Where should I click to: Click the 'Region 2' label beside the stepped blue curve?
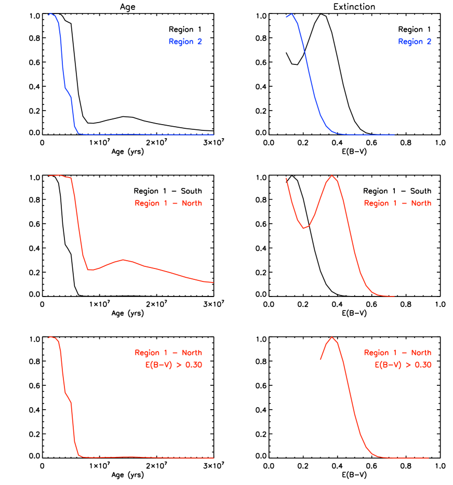[x=185, y=42]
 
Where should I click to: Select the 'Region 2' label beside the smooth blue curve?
[x=415, y=42]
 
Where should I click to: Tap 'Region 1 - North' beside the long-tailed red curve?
[x=168, y=203]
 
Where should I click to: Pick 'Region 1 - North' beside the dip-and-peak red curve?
[x=397, y=203]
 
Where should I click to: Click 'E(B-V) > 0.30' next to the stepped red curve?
[x=174, y=365]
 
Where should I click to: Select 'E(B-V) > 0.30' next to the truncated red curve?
[x=403, y=365]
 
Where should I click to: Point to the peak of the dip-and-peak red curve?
[x=331, y=176]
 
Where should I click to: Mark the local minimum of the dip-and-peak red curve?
[x=303, y=228]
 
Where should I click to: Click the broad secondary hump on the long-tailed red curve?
[x=123, y=260]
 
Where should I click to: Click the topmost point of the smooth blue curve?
[x=292, y=14]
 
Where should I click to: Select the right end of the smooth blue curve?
[x=394, y=134]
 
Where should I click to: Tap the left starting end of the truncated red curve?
[x=320, y=359]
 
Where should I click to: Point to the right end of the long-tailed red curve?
[x=213, y=282]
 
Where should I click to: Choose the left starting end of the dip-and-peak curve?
[x=286, y=178]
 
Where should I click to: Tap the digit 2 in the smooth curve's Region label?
[x=429, y=42]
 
